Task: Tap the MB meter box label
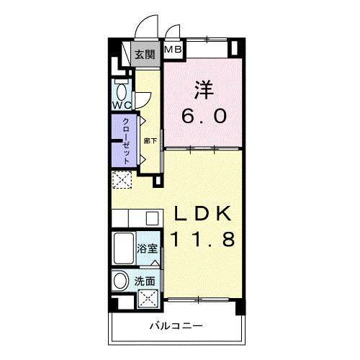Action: pos(174,50)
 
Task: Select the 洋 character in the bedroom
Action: pos(204,91)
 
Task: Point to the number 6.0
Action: pos(204,115)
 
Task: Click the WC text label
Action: pos(121,105)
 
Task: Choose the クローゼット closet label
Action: pos(127,140)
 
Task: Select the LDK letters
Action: pos(202,214)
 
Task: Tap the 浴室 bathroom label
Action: pos(147,249)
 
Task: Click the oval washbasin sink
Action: pos(121,280)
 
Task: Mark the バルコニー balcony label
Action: pos(176,325)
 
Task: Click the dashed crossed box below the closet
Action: pos(122,180)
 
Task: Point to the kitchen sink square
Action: pos(151,217)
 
